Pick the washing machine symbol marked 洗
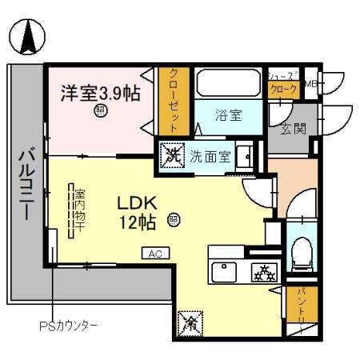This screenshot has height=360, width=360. pos(170,154)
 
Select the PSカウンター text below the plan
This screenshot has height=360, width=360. pos(68,326)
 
